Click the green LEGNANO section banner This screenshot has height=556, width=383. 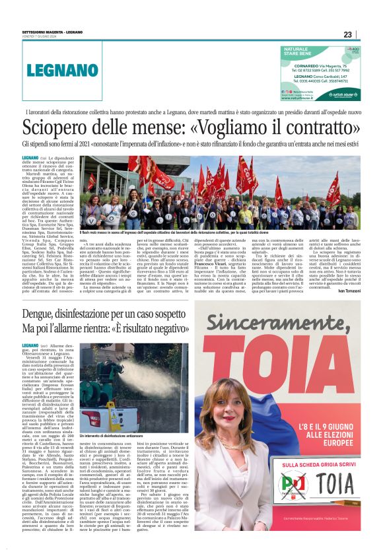pyautogui.click(x=63, y=70)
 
